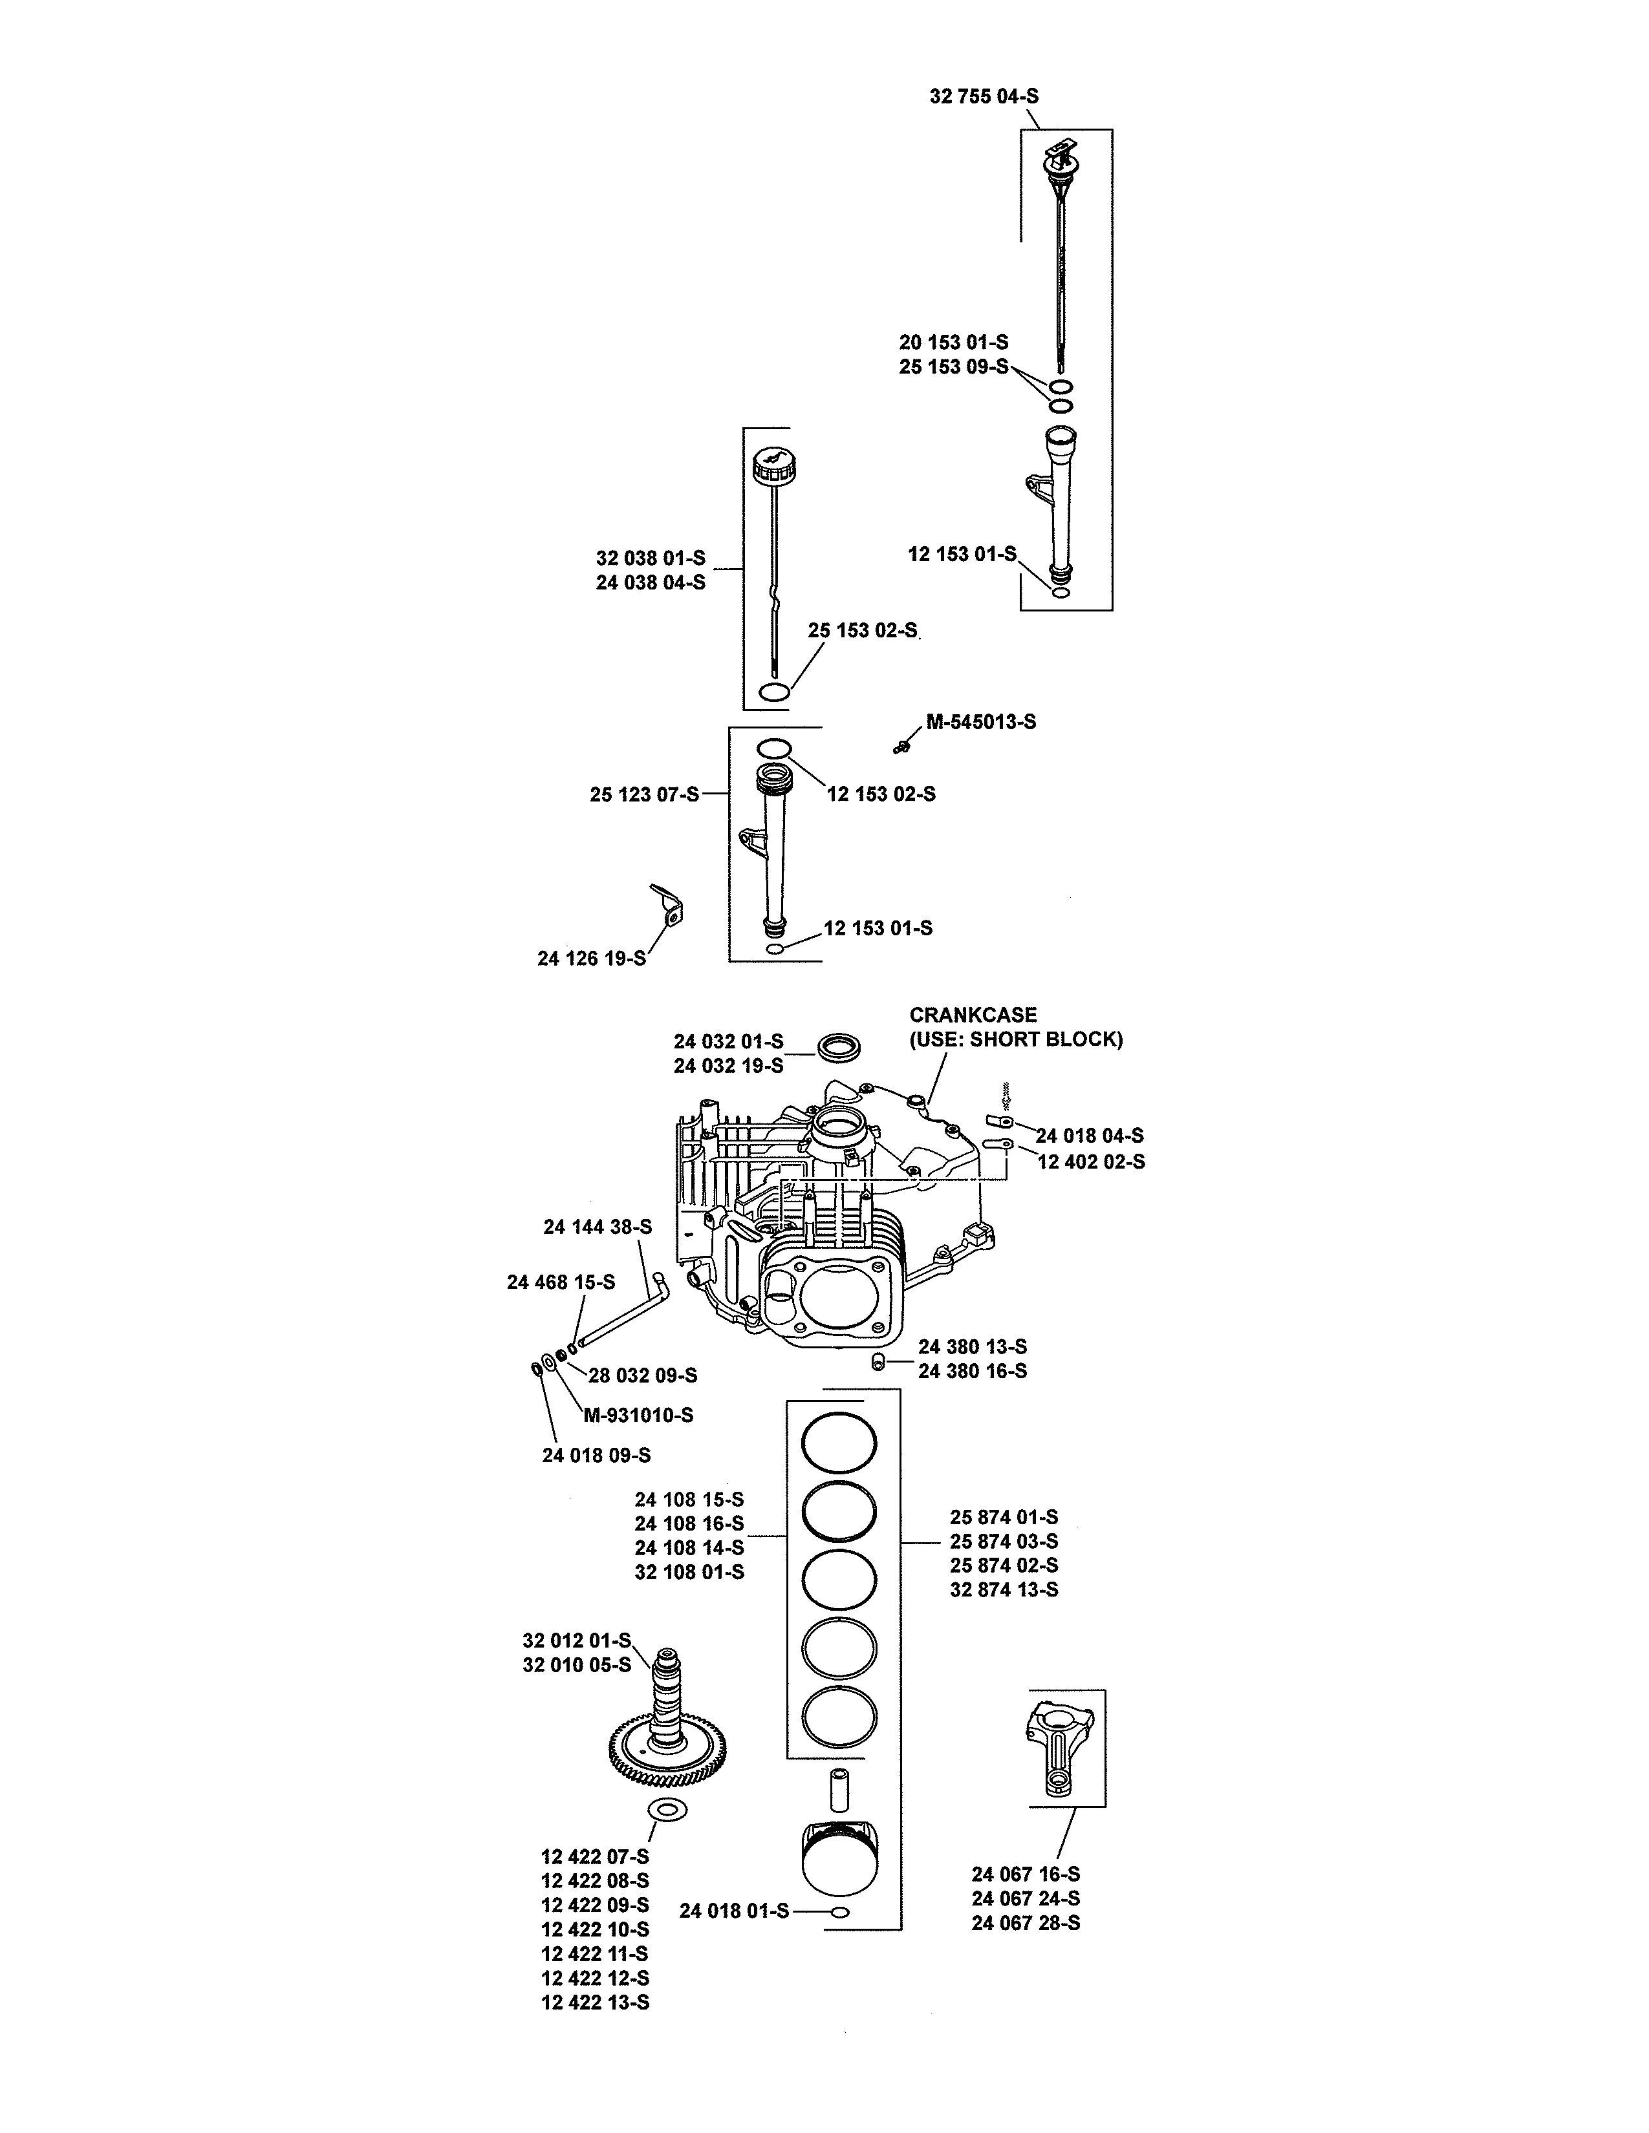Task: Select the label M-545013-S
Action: [x=981, y=722]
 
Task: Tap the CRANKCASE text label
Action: [x=973, y=1015]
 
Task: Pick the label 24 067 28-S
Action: [x=1026, y=1922]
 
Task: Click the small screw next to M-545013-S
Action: [x=901, y=747]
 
